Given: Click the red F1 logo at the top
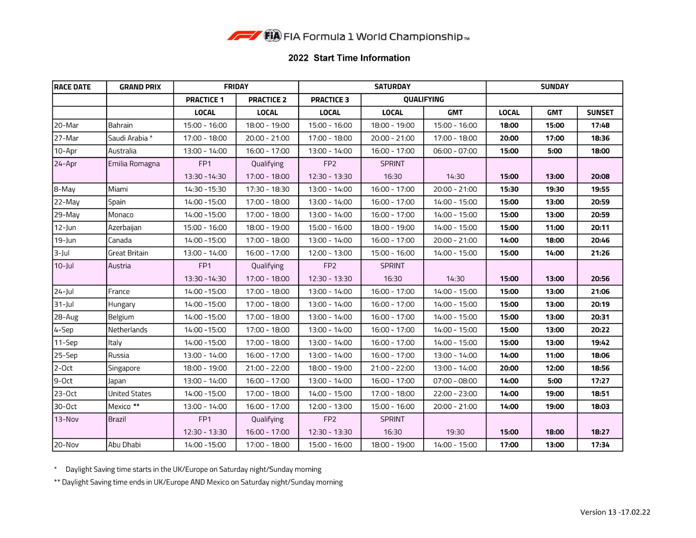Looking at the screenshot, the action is click(x=244, y=36).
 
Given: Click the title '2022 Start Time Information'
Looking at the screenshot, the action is click(x=349, y=58).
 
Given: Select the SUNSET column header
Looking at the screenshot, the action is click(x=600, y=113).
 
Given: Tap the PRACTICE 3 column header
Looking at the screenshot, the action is click(x=330, y=100).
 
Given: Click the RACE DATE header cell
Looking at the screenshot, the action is click(x=73, y=87).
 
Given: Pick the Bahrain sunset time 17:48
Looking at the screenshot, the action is click(x=600, y=126).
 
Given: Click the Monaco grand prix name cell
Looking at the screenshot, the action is click(x=121, y=215).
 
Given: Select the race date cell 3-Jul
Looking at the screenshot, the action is click(x=62, y=253).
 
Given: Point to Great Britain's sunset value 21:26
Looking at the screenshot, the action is click(x=600, y=253).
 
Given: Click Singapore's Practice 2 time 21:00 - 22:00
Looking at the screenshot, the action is click(x=267, y=368).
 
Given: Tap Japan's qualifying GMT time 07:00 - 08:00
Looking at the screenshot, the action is click(x=455, y=381).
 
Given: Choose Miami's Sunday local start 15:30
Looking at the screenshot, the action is click(x=509, y=189).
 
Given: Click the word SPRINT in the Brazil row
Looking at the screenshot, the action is click(x=392, y=419).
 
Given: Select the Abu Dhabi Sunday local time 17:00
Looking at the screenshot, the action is click(x=509, y=445).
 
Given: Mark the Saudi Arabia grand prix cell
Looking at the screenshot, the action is click(x=130, y=138).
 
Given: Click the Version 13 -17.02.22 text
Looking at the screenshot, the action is click(x=615, y=512).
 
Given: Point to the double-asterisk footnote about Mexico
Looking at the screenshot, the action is click(x=198, y=482).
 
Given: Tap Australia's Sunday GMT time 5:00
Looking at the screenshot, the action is click(x=555, y=151).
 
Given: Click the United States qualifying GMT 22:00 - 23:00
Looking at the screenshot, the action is click(x=455, y=394).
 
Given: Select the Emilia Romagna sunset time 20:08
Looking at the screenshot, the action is click(x=600, y=176).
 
